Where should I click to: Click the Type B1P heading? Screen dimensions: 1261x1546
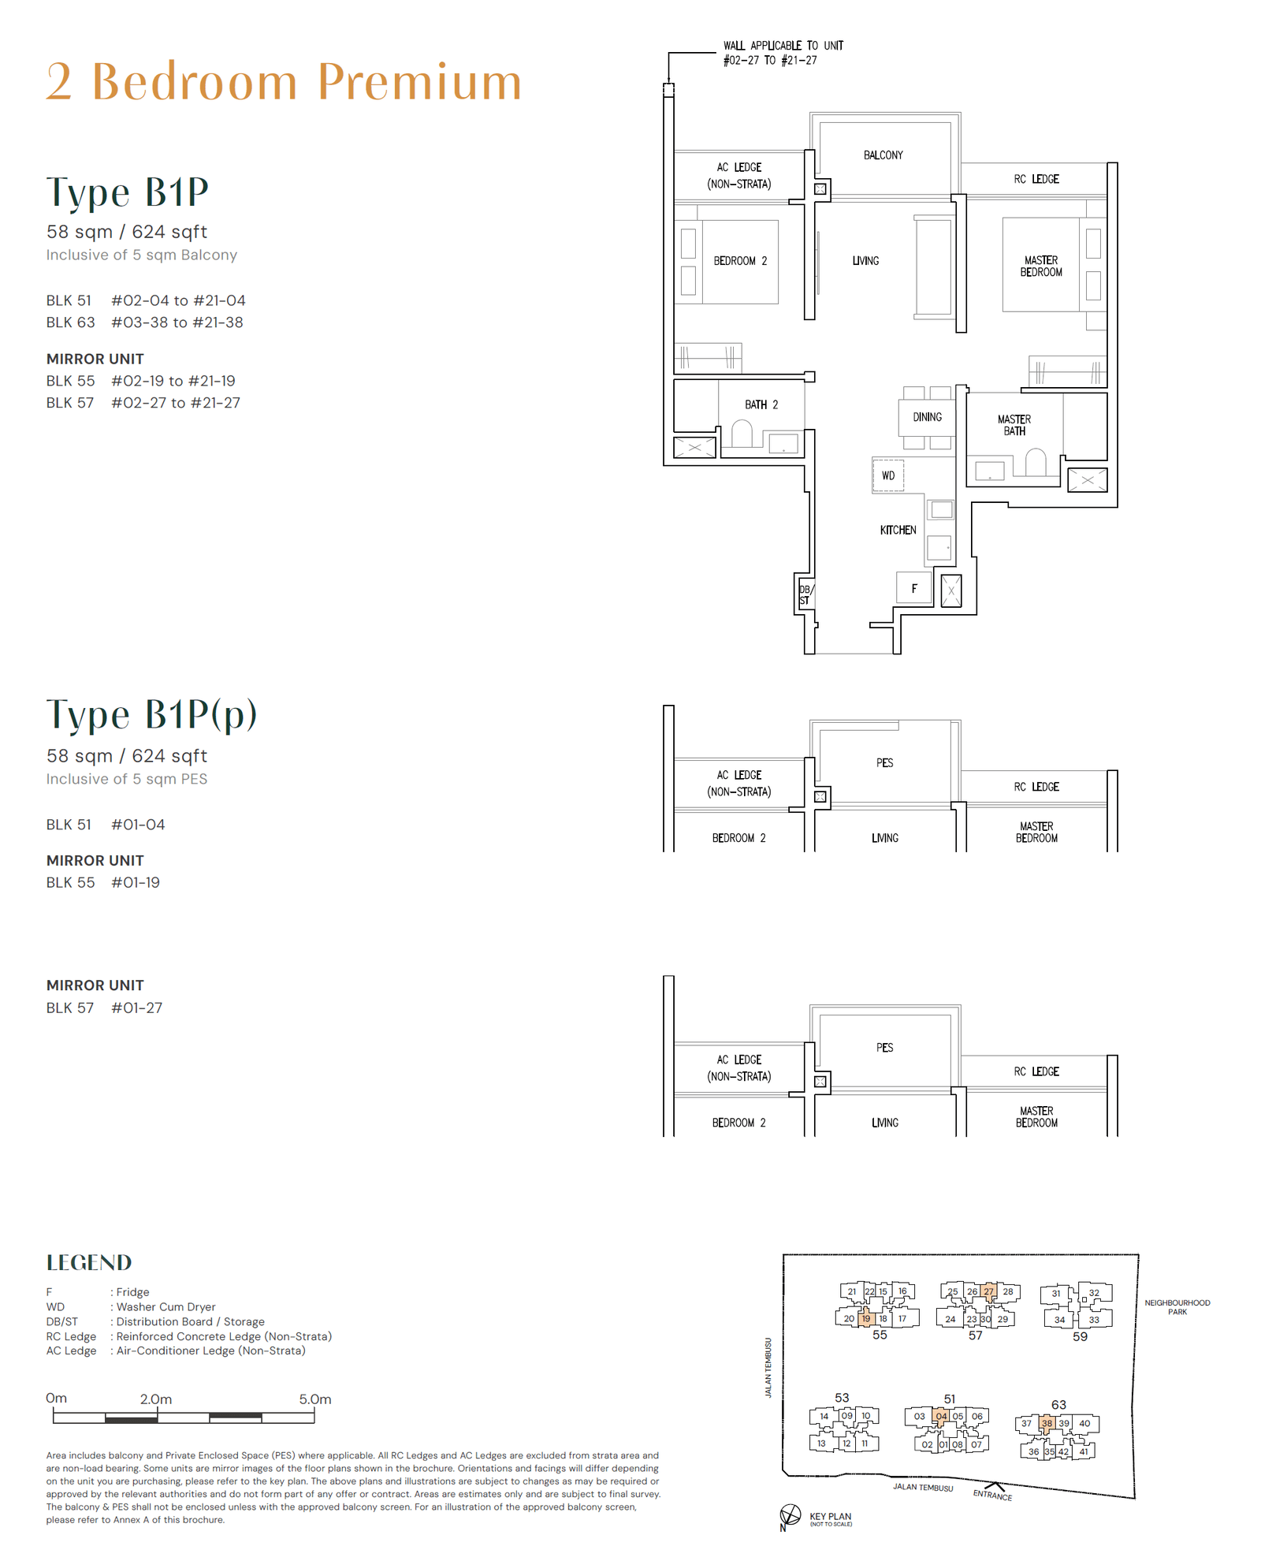coord(128,192)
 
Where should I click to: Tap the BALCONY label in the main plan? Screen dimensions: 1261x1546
coord(883,155)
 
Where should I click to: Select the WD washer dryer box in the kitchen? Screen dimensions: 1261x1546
coord(888,475)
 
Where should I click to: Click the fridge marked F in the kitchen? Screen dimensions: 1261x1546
coord(914,588)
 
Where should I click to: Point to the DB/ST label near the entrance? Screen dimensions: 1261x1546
coord(805,594)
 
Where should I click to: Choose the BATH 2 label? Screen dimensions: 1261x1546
coord(761,404)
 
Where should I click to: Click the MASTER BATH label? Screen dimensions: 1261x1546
coord(1014,425)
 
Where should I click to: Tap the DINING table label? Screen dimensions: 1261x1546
coord(927,417)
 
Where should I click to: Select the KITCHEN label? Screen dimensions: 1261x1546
coord(898,530)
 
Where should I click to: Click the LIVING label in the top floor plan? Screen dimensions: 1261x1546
coord(865,261)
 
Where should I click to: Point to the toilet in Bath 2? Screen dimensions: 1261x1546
coord(742,434)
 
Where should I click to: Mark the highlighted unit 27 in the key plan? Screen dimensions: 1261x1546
coord(988,1291)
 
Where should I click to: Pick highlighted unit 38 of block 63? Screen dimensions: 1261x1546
coord(1047,1423)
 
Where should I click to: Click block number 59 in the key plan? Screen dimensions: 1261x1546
coord(1080,1336)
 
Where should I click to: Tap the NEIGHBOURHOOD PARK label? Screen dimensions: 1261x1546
coord(1177,1307)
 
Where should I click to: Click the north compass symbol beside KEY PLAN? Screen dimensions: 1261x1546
coord(790,1514)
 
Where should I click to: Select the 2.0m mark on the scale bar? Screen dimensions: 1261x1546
coord(156,1399)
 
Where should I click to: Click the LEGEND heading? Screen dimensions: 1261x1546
coord(89,1262)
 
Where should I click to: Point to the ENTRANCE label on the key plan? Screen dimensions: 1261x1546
coord(992,1495)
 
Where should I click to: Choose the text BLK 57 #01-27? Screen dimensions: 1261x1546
coord(104,1008)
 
